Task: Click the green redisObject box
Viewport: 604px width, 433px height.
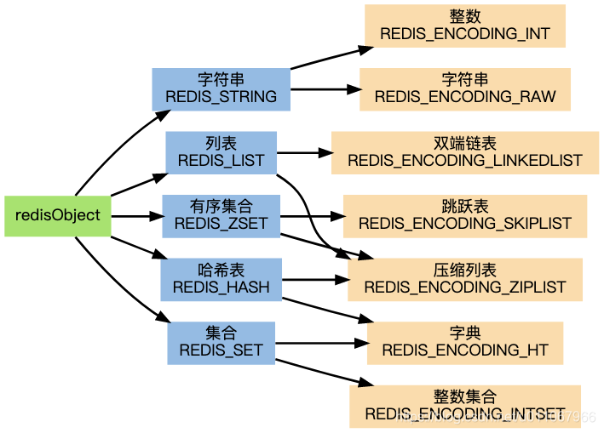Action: tap(57, 216)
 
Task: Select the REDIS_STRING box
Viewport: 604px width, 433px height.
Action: tap(221, 88)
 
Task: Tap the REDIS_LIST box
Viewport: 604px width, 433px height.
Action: tap(221, 152)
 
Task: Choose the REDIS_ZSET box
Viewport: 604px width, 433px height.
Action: tap(221, 216)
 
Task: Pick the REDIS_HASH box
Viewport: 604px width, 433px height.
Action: tap(221, 280)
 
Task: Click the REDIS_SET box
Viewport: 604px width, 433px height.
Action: tap(221, 343)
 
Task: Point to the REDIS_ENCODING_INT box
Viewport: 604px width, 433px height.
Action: tap(465, 26)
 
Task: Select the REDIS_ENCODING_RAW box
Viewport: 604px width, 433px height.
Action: tap(465, 89)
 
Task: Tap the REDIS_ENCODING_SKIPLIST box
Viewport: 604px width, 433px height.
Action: tap(465, 216)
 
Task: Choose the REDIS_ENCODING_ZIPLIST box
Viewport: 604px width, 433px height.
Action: tap(465, 280)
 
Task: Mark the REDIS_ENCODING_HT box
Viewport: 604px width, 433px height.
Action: tap(465, 343)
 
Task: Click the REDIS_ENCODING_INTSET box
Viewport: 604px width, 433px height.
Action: tap(465, 406)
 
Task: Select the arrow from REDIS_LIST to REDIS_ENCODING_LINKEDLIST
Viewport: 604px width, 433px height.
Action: tap(303, 153)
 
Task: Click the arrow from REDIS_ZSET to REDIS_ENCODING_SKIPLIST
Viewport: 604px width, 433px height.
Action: tap(312, 216)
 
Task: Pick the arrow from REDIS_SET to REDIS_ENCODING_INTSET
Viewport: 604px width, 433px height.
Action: tap(315, 372)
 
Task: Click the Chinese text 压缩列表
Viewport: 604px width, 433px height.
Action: tap(465, 271)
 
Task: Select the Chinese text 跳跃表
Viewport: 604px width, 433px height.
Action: tap(465, 208)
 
